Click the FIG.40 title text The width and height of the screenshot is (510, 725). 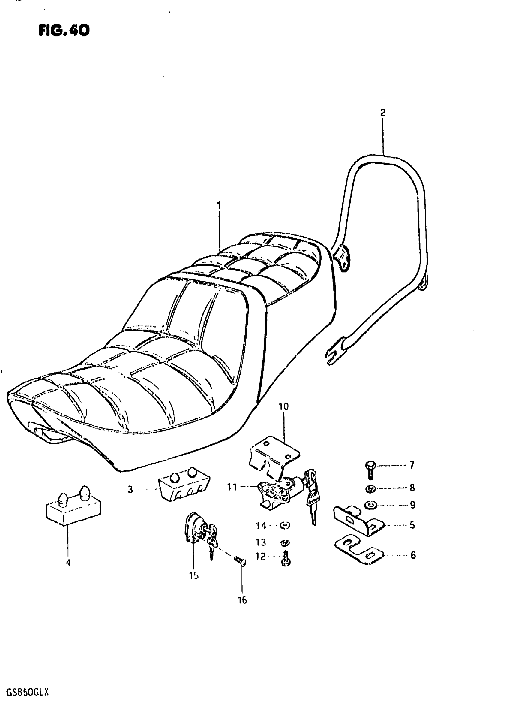(64, 31)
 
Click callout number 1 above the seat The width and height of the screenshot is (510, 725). (219, 206)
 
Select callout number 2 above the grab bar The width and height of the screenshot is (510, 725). (383, 113)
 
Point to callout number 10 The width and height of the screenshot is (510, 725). (284, 406)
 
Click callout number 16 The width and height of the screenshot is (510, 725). (242, 600)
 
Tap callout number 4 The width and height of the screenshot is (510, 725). (68, 563)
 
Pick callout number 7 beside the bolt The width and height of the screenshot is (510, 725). (412, 465)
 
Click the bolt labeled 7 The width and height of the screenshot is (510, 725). (370, 470)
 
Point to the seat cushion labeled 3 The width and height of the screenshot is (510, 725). (184, 490)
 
